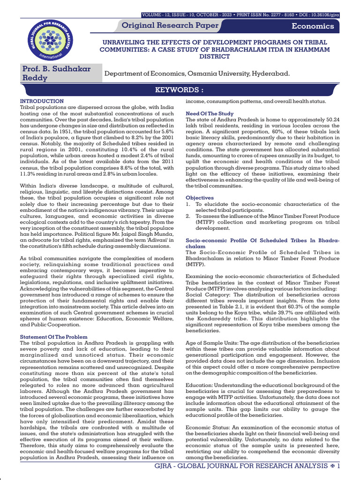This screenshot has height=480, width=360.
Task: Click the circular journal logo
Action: click(45, 35)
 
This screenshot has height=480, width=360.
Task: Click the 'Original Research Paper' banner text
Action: click(170, 25)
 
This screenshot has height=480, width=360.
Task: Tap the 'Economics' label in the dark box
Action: click(313, 26)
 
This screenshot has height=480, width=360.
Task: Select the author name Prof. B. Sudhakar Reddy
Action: click(57, 74)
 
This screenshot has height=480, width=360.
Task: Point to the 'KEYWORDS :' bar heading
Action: click(180, 90)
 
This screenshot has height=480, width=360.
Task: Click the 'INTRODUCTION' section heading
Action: click(42, 101)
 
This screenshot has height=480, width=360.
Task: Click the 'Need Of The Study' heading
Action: click(210, 114)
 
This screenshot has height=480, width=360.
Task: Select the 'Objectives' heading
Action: click(200, 198)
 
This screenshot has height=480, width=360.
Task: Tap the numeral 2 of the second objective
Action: click(188, 216)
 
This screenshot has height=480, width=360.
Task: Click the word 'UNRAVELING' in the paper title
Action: click(124, 43)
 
